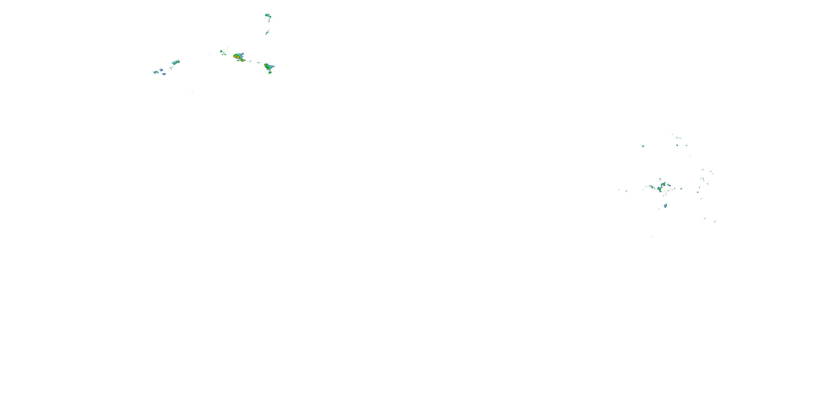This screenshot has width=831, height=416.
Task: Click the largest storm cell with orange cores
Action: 239,57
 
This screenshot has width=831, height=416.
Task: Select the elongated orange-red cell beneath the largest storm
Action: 243,60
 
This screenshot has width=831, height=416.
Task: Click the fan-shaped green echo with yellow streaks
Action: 268,67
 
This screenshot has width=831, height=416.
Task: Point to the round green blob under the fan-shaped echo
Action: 270,72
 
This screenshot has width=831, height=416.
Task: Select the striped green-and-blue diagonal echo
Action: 176,62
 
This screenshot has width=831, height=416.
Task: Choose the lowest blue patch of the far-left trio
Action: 164,74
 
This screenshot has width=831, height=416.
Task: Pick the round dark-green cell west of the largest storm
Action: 221,51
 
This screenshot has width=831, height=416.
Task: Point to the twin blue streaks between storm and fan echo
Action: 258,62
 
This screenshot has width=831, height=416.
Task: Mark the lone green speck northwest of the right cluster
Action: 643,146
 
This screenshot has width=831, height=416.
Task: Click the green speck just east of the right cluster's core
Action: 681,189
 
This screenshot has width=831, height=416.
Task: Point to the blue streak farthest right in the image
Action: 715,221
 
